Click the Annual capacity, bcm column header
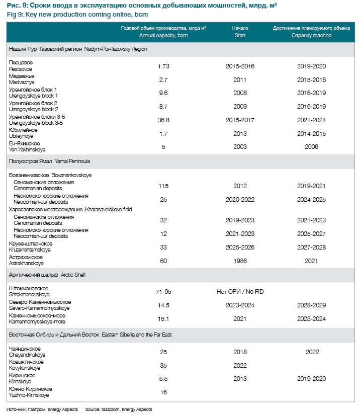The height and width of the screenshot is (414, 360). click(163, 36)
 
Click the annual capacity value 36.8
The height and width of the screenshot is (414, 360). click(163, 120)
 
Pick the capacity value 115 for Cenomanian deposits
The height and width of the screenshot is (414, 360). click(163, 186)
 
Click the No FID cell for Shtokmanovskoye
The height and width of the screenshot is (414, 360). click(240, 292)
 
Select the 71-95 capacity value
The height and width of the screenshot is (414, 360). click(163, 292)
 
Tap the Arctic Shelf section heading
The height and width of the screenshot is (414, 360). click(73, 275)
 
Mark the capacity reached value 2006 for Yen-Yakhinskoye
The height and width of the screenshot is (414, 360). click(311, 146)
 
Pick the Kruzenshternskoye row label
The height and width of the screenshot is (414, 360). click(30, 250)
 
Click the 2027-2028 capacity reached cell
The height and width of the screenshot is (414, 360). click(311, 247)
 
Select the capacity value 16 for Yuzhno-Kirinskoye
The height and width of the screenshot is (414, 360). click(163, 392)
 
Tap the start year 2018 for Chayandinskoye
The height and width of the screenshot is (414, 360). click(240, 352)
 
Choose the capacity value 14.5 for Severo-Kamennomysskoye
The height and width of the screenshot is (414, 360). click(163, 305)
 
